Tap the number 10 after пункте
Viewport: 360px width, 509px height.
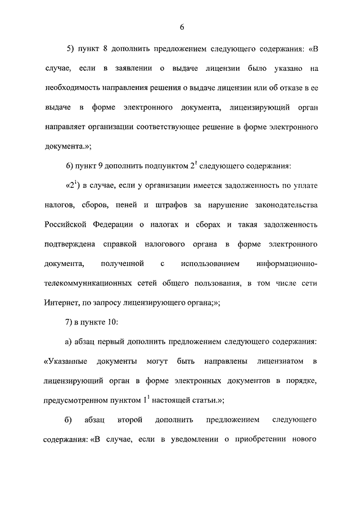110,322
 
